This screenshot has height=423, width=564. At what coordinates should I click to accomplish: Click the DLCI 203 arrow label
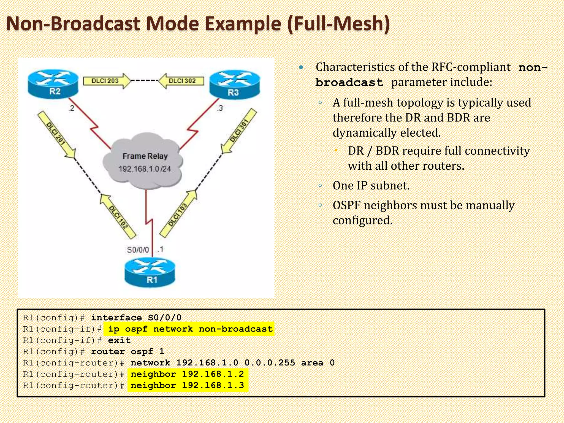click(x=106, y=81)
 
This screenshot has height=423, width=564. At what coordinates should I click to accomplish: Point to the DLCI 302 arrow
click(x=182, y=81)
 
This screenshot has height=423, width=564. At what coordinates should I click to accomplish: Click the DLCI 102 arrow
click(x=118, y=216)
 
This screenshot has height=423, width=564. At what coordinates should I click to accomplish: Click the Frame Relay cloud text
click(x=145, y=156)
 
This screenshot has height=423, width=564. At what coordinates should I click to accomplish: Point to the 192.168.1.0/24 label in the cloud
click(x=145, y=169)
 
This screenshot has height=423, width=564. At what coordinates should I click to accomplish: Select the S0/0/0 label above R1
click(x=138, y=250)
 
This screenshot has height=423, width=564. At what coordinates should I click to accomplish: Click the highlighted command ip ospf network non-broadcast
click(x=190, y=329)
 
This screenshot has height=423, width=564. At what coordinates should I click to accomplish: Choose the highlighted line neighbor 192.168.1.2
click(x=187, y=374)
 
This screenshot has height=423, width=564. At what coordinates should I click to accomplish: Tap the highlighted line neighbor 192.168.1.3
click(x=187, y=385)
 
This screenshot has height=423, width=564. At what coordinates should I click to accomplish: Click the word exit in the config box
click(x=119, y=340)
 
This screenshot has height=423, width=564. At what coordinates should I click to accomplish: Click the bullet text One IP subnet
click(x=371, y=186)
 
